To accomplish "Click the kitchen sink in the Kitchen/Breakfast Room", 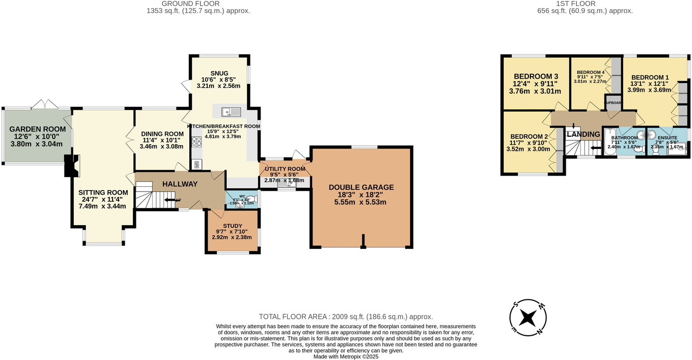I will pos(231,112).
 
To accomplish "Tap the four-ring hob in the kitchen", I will pos(197,142).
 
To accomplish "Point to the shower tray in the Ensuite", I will pos(678,149).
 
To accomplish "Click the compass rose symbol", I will pos(528,318).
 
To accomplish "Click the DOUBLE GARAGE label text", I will pos(361,187).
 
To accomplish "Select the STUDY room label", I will pos(232,226).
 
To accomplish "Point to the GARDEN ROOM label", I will pos(37,129).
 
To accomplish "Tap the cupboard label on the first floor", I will pos(613,103).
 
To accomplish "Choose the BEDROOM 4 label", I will pos(590,72).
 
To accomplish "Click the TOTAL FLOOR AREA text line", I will pos(346,316).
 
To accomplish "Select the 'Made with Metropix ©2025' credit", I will pos(346,356).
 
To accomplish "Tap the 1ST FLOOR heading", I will pos(585,3).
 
